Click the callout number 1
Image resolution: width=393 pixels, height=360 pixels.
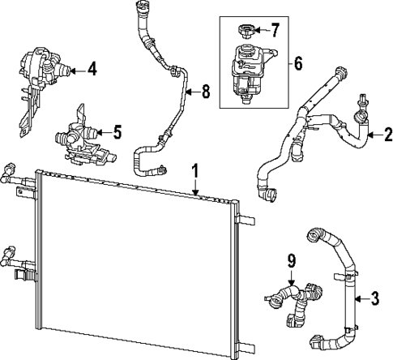194,171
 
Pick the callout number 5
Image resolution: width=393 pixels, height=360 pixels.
117,129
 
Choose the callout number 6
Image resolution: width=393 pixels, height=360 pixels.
297,61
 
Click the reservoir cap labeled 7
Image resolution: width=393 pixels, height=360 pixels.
246,33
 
